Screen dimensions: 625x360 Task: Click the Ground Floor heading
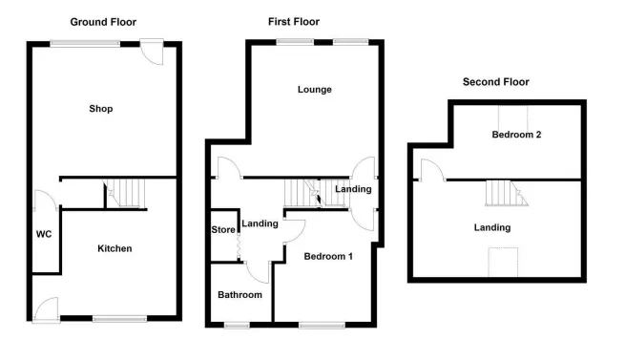pos(103,22)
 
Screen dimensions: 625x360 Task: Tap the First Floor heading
pos(294,22)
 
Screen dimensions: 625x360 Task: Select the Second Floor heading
pos(496,82)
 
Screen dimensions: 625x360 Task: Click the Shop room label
pos(101,109)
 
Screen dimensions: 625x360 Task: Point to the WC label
pos(44,234)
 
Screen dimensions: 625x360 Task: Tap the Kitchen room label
pos(115,248)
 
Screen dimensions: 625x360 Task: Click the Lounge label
pos(315,90)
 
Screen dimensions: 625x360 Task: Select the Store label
pos(223,230)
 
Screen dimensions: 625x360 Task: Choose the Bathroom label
pos(240,295)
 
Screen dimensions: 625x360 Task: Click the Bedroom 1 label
pos(328,256)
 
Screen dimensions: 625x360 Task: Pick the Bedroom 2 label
pos(516,135)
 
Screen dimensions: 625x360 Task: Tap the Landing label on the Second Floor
pos(492,228)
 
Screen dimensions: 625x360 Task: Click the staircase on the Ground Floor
pos(124,193)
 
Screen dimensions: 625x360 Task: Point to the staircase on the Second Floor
pos(507,193)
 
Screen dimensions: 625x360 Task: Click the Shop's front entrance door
pos(152,51)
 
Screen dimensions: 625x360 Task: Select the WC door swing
pos(46,200)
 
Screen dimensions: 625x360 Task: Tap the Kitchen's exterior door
pos(46,309)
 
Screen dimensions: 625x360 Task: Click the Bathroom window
pos(237,326)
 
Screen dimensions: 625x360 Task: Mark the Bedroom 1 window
pos(323,326)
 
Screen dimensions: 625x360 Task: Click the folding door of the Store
pos(239,247)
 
